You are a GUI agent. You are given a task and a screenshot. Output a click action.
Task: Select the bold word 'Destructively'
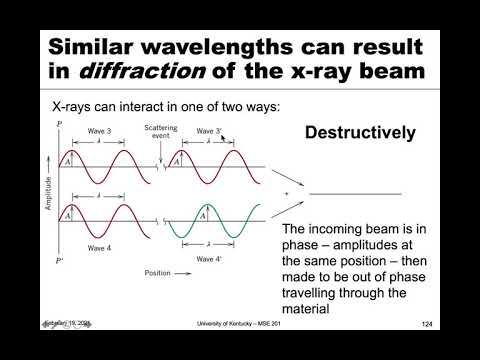tap(360, 132)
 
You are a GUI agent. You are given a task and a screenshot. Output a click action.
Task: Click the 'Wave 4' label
tap(97, 247)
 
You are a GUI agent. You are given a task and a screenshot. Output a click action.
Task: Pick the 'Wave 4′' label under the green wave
tap(208, 258)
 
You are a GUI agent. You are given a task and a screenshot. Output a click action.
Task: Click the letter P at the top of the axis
tap(59, 122)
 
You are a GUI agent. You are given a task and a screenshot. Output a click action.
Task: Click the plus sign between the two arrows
tap(287, 192)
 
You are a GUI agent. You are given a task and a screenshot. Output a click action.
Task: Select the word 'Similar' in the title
tap(105, 46)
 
